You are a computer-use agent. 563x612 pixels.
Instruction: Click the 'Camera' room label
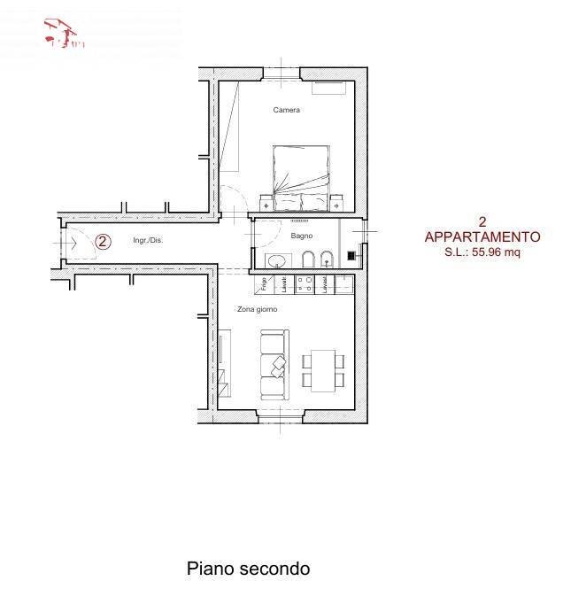tap(286, 111)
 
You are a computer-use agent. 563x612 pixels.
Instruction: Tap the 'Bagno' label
tap(302, 236)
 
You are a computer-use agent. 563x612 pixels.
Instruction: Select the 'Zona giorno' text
tap(257, 309)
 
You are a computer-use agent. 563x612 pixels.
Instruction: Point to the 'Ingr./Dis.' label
tap(147, 240)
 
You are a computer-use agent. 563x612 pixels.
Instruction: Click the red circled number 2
tap(103, 240)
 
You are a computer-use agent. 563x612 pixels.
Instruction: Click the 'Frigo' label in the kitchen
tap(264, 283)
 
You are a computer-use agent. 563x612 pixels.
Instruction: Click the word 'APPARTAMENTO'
tap(482, 236)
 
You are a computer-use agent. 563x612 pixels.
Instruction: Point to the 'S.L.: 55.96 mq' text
tap(482, 252)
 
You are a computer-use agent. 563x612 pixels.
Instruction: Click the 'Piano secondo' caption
tap(248, 569)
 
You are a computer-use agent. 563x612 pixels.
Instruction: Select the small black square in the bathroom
tap(351, 256)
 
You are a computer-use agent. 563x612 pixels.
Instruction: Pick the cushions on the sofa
tap(279, 363)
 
